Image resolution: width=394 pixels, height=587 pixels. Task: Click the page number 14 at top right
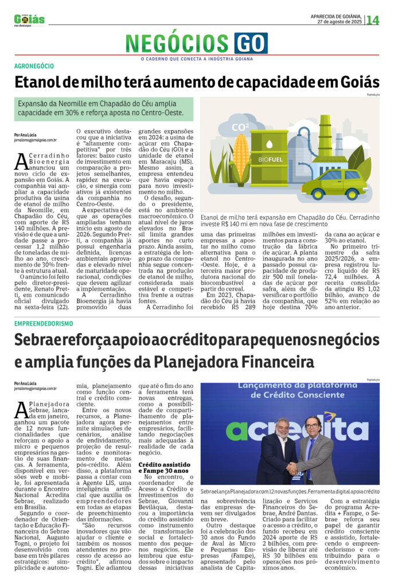tap(373, 20)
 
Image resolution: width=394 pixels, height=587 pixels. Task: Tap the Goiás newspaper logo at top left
tap(29, 19)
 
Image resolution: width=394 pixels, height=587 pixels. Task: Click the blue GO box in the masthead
tap(251, 44)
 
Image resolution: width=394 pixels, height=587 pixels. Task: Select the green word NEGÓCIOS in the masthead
tap(178, 44)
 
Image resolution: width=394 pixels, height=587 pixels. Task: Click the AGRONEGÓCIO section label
tap(34, 66)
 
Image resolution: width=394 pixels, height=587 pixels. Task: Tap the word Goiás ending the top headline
tap(354, 81)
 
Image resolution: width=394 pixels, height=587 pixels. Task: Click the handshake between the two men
tap(292, 468)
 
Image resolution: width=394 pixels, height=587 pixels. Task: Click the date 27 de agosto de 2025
tap(340, 22)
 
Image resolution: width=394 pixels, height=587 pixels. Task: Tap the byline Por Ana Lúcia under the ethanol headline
tap(26, 134)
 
